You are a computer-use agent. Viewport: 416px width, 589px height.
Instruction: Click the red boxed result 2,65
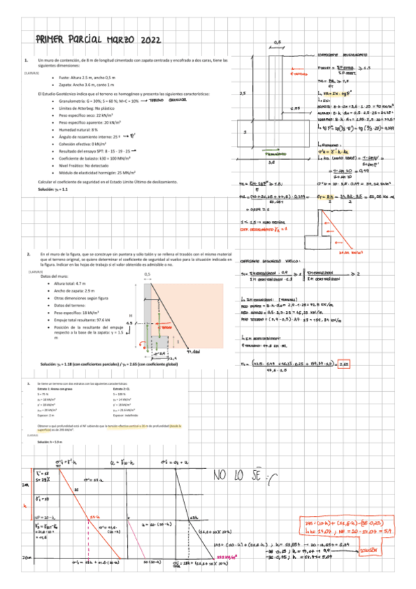pyautogui.click(x=344, y=363)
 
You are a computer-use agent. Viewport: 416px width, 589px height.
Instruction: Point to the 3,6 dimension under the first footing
pyautogui.click(x=272, y=161)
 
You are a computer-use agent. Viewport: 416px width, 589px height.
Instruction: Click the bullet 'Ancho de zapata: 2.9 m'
pyautogui.click(x=74, y=290)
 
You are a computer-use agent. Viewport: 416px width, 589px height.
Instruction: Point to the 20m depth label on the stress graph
pyautogui.click(x=26, y=557)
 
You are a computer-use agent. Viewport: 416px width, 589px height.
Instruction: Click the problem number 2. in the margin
pyautogui.click(x=26, y=255)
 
